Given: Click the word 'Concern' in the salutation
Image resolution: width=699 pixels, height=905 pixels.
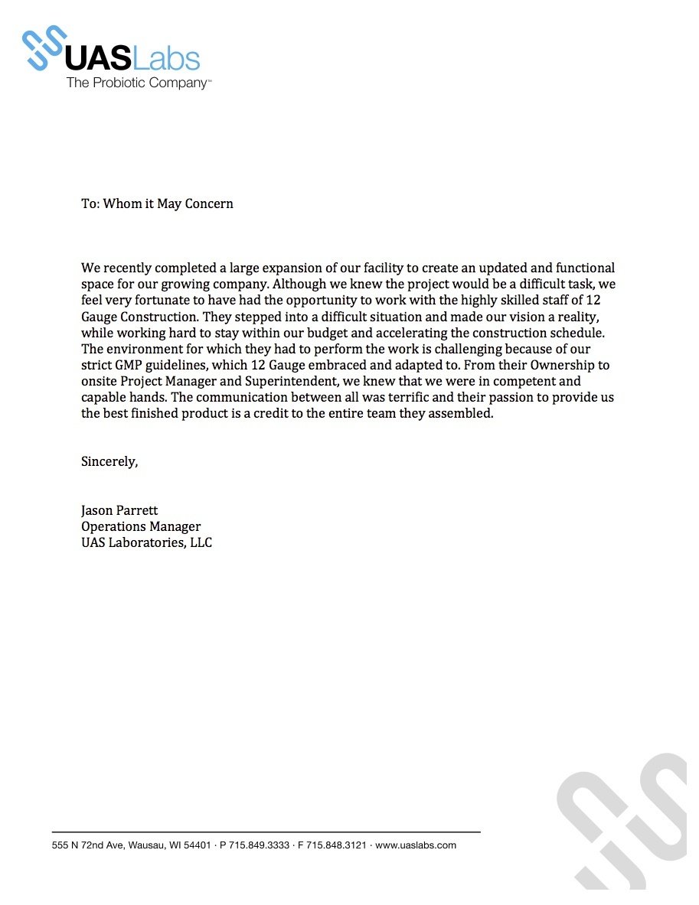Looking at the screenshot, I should click(208, 203).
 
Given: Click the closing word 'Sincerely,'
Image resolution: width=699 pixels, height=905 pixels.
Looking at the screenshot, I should click(109, 461).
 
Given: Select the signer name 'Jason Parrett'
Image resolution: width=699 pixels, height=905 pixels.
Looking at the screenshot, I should click(119, 510).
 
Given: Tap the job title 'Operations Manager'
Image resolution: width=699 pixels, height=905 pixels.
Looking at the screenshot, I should click(141, 526).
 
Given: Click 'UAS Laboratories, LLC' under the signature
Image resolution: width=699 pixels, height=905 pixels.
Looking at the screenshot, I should click(146, 542).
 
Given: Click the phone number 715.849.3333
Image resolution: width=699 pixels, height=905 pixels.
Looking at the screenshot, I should click(259, 845).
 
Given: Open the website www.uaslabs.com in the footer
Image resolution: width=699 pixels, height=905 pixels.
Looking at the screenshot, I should click(416, 845).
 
